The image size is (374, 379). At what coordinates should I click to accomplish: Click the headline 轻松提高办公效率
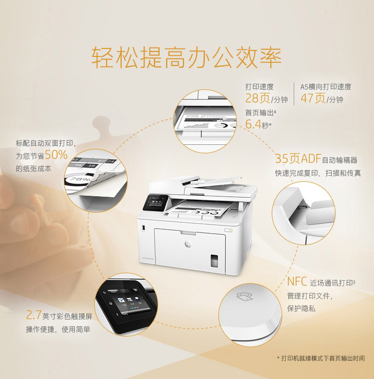(x=187, y=57)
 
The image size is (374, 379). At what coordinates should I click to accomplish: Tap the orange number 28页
(x=258, y=98)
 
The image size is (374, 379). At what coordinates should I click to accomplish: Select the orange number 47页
(x=313, y=98)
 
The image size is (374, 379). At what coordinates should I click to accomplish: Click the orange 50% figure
(x=56, y=155)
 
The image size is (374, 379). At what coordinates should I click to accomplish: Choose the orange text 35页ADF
(x=298, y=159)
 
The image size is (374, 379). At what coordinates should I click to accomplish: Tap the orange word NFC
(x=297, y=282)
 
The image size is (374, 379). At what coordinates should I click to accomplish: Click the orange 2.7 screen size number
(x=33, y=316)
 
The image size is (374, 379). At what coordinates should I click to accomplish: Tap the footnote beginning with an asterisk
(x=321, y=359)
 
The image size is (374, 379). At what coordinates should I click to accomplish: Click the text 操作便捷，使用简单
(x=58, y=330)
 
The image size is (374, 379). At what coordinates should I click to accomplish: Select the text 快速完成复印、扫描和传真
(x=318, y=173)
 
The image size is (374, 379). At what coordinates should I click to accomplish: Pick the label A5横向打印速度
(x=326, y=86)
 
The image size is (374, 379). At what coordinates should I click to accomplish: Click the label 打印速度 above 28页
(x=259, y=86)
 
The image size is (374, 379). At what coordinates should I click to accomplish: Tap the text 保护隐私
(x=301, y=309)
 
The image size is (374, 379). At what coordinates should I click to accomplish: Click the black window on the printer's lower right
(x=214, y=260)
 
